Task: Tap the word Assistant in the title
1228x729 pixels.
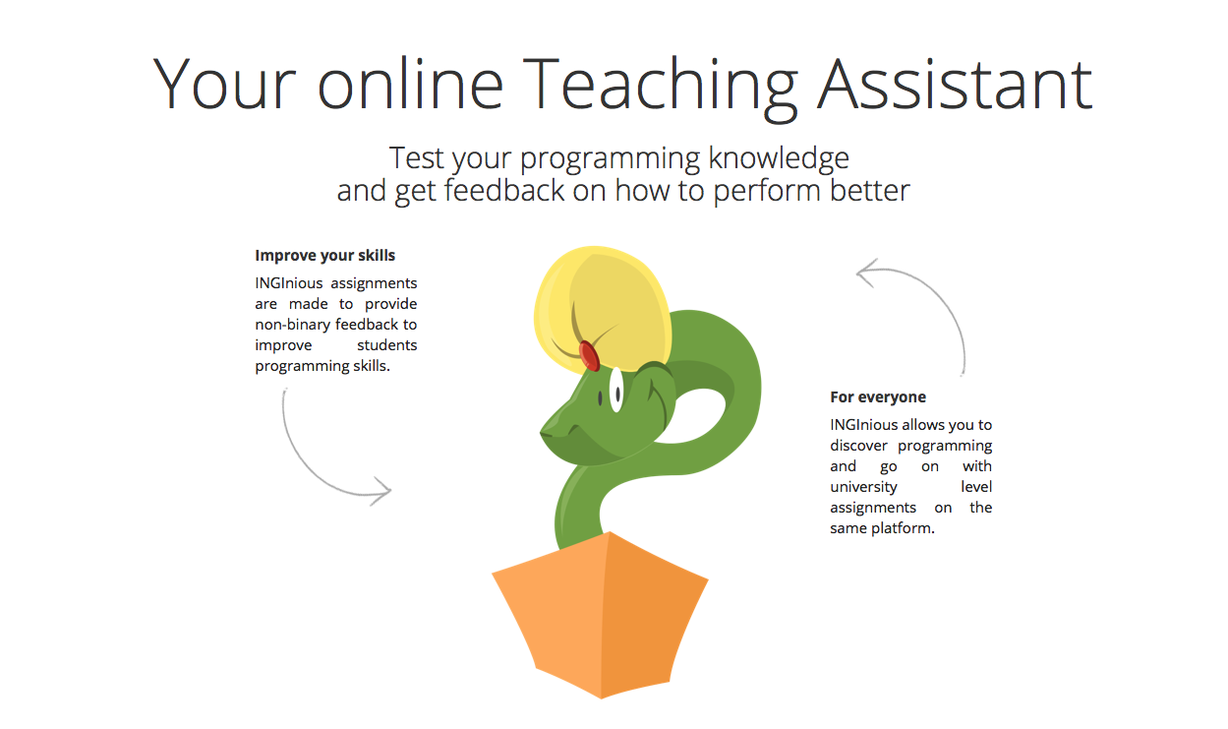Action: point(955,84)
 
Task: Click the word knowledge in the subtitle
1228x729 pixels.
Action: point(779,159)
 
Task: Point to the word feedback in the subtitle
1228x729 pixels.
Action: point(504,192)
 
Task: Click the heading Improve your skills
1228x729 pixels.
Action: point(325,256)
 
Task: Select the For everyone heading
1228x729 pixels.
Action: point(878,396)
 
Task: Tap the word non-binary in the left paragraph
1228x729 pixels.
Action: point(292,325)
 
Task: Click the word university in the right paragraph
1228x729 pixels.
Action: point(863,487)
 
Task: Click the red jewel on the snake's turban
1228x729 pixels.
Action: point(589,355)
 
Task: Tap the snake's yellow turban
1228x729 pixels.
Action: point(602,308)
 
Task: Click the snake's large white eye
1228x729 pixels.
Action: point(616,390)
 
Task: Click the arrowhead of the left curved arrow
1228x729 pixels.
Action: point(383,490)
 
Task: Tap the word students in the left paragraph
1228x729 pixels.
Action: point(387,345)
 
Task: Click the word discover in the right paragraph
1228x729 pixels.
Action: point(858,446)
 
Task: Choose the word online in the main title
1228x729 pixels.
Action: point(410,85)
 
